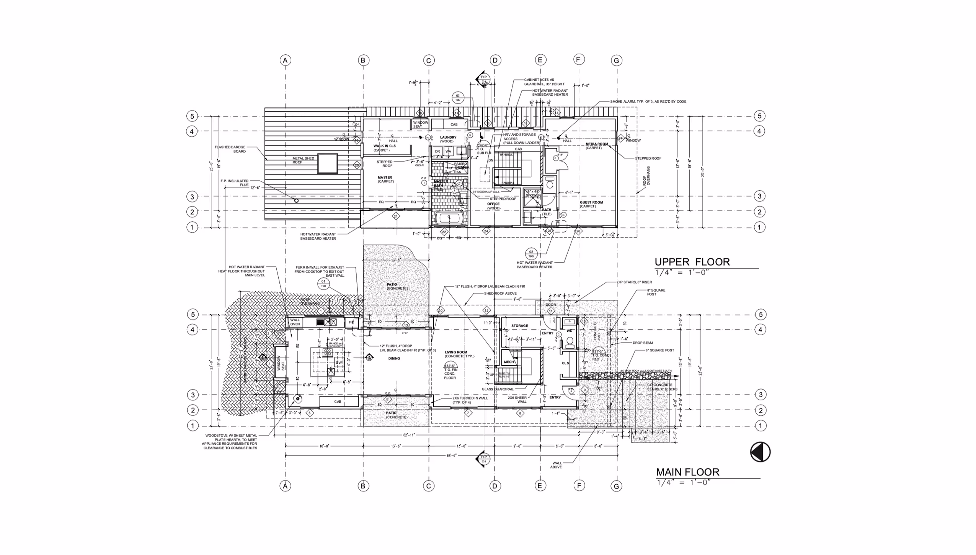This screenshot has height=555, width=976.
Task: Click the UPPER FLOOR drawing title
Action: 692,262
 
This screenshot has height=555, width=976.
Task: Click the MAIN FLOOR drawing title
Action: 687,472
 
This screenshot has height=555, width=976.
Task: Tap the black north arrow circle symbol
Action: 760,452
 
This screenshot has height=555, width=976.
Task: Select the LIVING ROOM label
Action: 455,352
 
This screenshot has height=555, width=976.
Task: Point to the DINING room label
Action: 394,359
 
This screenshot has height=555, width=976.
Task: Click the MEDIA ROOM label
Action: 596,144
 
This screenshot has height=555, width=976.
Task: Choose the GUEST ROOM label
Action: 591,202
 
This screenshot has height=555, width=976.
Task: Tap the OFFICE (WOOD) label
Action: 493,206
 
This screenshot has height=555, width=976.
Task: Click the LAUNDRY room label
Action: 448,137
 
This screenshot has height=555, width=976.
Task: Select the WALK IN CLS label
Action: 384,146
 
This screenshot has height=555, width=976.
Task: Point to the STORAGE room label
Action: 519,326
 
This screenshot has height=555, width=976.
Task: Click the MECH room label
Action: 509,362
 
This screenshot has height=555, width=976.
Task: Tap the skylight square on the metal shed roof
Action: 327,163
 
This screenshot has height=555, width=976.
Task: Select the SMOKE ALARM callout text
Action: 648,102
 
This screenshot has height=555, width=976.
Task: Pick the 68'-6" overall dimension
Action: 452,455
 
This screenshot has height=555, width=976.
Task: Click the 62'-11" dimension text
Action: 409,435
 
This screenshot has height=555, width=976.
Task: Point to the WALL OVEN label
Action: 295,322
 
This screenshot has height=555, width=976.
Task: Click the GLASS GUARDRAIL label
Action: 498,389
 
